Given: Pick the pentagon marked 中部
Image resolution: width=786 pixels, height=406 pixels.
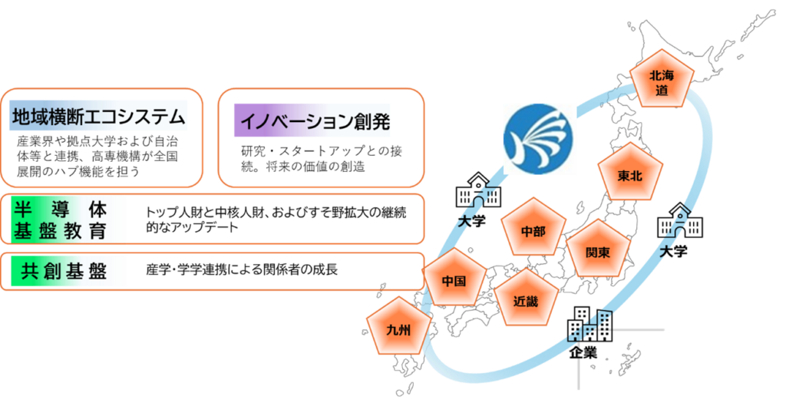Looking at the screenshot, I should [x=533, y=230].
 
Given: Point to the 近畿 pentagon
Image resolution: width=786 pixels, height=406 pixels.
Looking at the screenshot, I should [x=526, y=300].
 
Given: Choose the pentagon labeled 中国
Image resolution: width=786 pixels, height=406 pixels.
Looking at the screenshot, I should [x=454, y=280].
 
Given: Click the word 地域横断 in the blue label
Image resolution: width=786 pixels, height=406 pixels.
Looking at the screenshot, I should [x=46, y=117].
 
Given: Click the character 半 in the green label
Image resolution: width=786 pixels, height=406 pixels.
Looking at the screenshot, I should [x=21, y=209].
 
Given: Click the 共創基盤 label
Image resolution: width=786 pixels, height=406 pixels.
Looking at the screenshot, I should [x=64, y=272].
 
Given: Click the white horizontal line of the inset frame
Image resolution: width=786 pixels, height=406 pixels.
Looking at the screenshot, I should [x=622, y=329].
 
